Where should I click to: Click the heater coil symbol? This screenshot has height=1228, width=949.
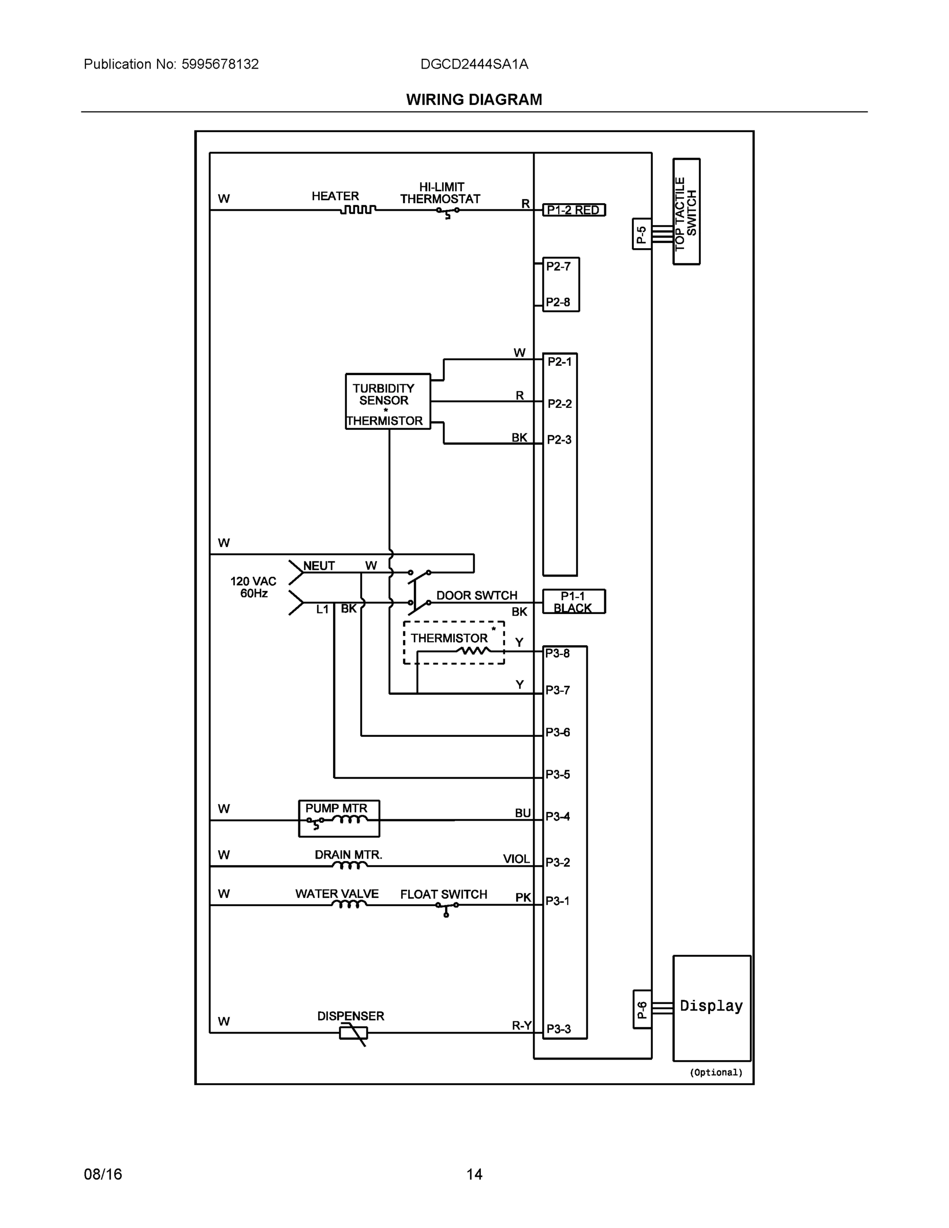[x=358, y=210]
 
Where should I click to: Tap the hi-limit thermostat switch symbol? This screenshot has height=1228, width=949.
[x=448, y=211]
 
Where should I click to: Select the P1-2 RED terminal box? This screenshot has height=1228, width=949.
[x=573, y=210]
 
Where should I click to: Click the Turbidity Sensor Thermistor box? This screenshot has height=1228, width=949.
[x=387, y=402]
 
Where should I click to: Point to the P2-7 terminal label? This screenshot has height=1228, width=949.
[x=558, y=267]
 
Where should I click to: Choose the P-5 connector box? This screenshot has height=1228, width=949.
[x=642, y=234]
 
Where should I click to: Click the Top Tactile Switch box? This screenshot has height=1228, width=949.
[x=686, y=211]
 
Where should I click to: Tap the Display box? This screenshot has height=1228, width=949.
[x=711, y=1007]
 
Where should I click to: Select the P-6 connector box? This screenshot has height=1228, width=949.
[x=642, y=1010]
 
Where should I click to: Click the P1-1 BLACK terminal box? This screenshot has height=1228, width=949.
[x=573, y=602]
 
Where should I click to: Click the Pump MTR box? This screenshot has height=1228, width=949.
[x=339, y=818]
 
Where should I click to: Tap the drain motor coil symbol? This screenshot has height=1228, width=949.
[x=350, y=865]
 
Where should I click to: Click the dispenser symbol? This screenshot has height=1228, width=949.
[x=354, y=1033]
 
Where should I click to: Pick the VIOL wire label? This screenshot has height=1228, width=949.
[x=516, y=859]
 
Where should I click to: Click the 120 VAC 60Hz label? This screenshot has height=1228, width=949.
[x=253, y=587]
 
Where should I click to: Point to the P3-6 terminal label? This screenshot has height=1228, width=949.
[x=557, y=732]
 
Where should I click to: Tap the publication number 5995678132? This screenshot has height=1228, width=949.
[x=220, y=64]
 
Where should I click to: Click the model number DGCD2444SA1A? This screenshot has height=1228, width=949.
[x=474, y=64]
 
